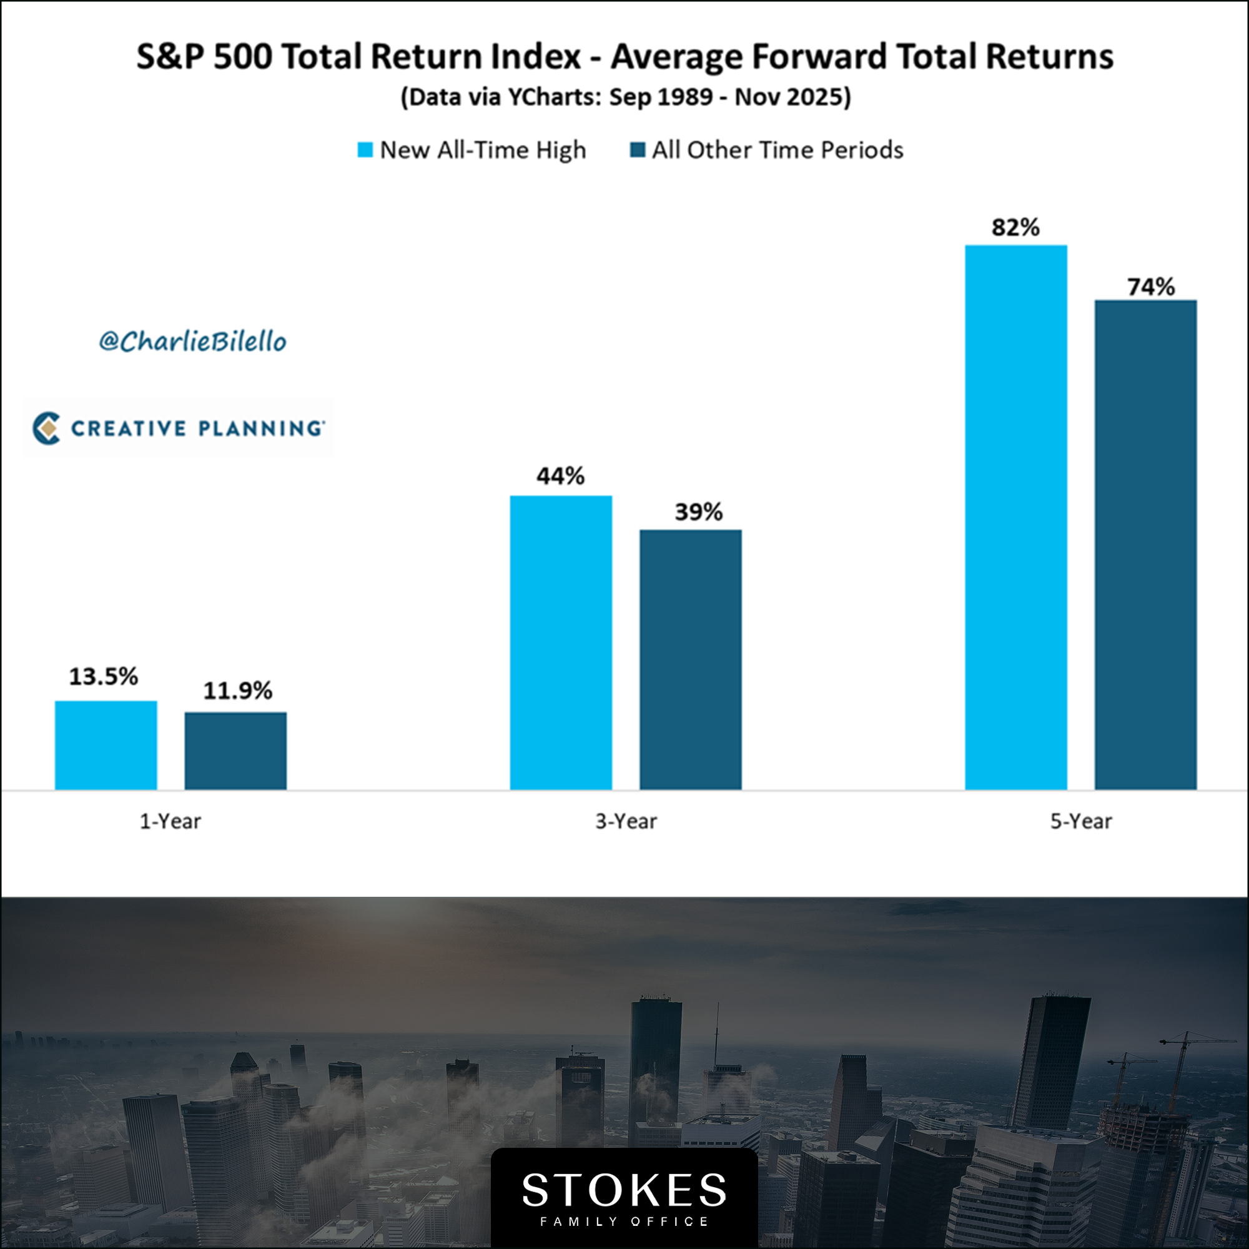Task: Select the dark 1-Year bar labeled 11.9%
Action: click(x=235, y=751)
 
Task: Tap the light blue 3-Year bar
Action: click(x=561, y=643)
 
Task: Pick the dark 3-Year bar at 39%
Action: click(x=691, y=659)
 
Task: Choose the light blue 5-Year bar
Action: click(x=1015, y=517)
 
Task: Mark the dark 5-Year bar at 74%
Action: click(x=1145, y=545)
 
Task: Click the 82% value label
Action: click(x=1015, y=227)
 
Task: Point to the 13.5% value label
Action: click(x=104, y=676)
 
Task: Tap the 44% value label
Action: click(x=561, y=476)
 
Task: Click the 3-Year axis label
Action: click(x=626, y=821)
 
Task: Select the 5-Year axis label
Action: click(x=1081, y=821)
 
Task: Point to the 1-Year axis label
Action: click(x=170, y=821)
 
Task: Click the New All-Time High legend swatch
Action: click(x=365, y=150)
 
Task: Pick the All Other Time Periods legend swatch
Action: click(x=638, y=150)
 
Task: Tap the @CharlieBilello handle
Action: click(x=192, y=342)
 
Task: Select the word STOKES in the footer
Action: click(x=624, y=1190)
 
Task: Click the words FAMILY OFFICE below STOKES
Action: click(x=624, y=1221)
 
